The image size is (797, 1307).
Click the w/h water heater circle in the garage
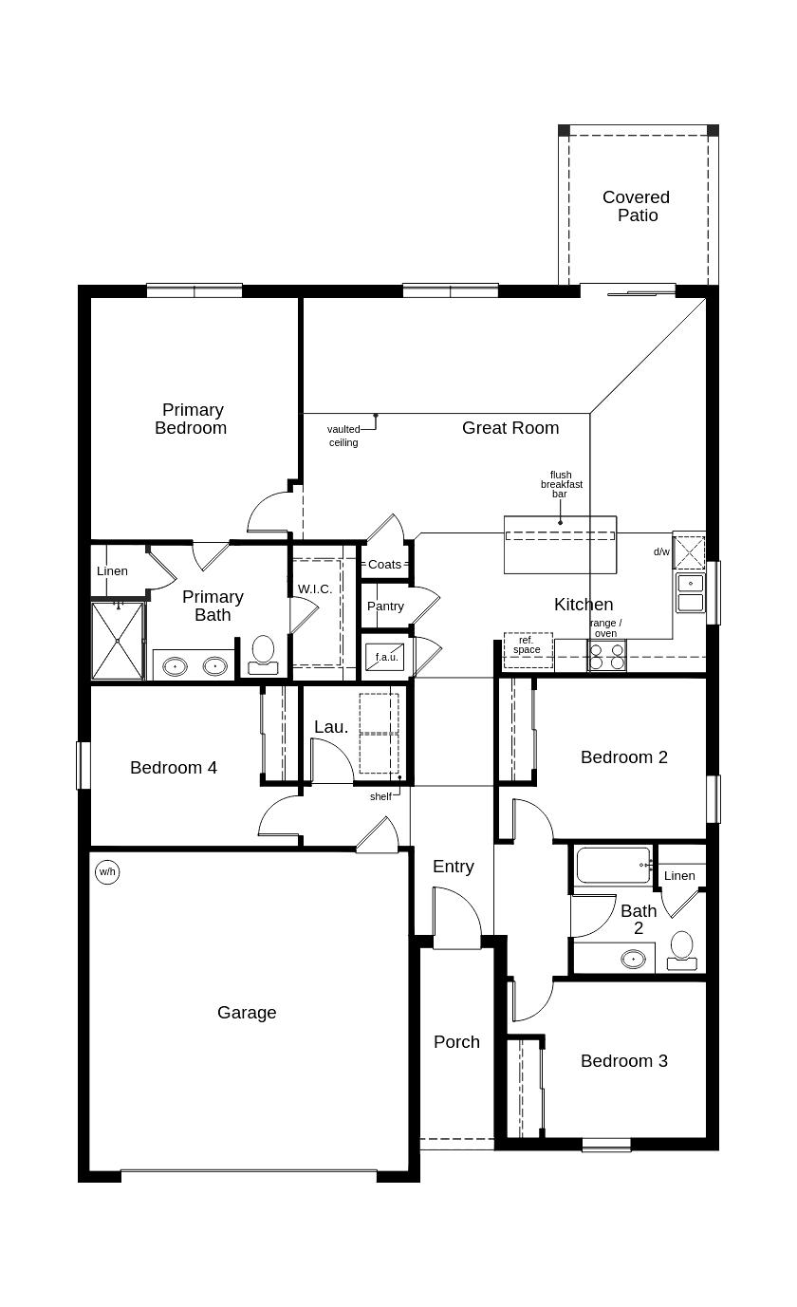(x=107, y=871)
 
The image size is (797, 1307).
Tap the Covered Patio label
(x=637, y=206)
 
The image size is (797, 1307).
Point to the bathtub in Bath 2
(x=613, y=865)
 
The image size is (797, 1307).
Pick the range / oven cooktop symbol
(x=607, y=656)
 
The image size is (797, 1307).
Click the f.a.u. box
(x=386, y=657)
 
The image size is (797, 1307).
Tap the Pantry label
(x=385, y=606)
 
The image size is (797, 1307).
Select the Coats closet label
(x=384, y=564)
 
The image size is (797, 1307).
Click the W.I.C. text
(x=315, y=588)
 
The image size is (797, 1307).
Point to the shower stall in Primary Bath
(x=118, y=641)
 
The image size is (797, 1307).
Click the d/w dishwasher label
(x=661, y=551)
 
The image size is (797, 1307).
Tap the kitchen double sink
(x=691, y=592)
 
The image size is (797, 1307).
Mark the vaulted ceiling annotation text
(x=343, y=436)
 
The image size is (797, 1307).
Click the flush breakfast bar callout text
(x=562, y=484)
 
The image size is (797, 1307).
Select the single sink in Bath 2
(x=634, y=959)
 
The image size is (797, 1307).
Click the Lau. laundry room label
(x=331, y=726)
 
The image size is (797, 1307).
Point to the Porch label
(x=456, y=1041)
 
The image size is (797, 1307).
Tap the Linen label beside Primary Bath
(x=112, y=570)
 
